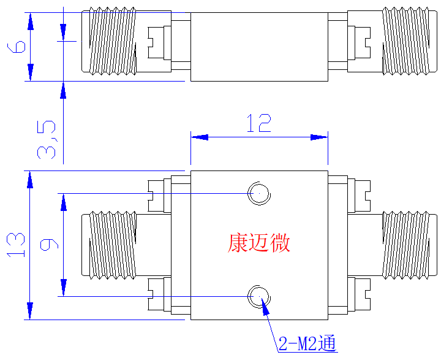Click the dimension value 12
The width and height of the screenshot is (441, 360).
click(x=259, y=123)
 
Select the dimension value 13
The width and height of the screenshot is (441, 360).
click(x=16, y=245)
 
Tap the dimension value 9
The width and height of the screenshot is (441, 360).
click(x=49, y=244)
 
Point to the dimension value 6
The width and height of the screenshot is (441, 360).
click(x=17, y=47)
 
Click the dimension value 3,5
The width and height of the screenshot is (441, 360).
click(x=47, y=140)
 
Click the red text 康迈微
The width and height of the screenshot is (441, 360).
click(x=258, y=243)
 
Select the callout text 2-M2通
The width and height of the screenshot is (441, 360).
click(x=307, y=343)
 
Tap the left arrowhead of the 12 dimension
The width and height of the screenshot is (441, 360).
click(x=200, y=137)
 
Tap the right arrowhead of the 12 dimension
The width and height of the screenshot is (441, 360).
click(x=319, y=137)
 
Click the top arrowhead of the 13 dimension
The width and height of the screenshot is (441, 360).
click(x=30, y=180)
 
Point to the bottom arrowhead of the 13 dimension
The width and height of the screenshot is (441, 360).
click(x=30, y=311)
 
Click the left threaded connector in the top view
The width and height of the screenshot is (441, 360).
click(x=113, y=42)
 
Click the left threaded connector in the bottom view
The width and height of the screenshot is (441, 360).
click(x=113, y=245)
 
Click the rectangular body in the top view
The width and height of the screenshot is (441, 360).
click(x=259, y=47)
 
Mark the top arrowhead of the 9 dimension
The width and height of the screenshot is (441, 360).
click(x=64, y=202)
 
